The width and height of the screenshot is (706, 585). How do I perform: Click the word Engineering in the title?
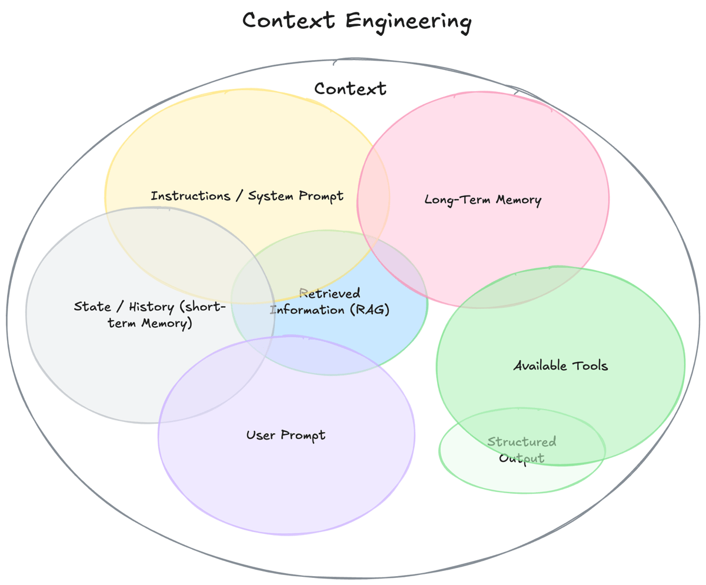coord(408,22)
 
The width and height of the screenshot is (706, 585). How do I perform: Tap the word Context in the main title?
coord(289,21)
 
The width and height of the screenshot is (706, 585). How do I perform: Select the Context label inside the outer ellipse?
coord(350,89)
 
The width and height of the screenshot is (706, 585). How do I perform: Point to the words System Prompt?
coord(295,196)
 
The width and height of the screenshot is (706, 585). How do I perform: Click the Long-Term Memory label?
coord(482,200)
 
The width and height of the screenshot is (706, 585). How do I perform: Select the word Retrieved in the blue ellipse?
coord(329,293)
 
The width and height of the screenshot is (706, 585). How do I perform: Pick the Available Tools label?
coord(560,366)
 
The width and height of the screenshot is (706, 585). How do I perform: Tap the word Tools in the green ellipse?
coord(590,366)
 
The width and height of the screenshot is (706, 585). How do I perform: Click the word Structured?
coord(521,442)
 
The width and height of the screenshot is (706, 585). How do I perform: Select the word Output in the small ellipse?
coord(521,458)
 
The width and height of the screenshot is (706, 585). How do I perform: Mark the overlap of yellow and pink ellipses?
coord(374,200)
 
